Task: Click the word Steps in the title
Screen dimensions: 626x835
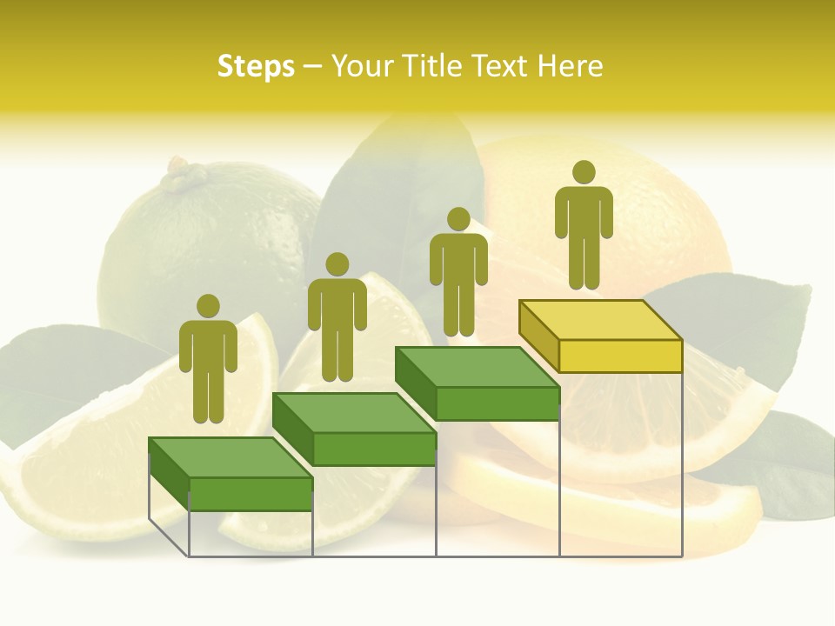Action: click(256, 66)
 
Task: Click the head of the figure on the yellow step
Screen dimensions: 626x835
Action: click(584, 172)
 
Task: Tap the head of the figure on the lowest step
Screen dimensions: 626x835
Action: click(208, 306)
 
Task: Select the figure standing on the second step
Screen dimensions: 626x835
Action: click(337, 317)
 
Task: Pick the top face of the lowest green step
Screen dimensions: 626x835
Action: click(230, 457)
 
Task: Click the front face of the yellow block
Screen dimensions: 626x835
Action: click(620, 356)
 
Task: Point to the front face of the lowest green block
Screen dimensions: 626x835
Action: click(250, 494)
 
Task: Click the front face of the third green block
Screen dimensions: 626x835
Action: click(497, 403)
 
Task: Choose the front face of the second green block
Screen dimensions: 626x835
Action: click(374, 449)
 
